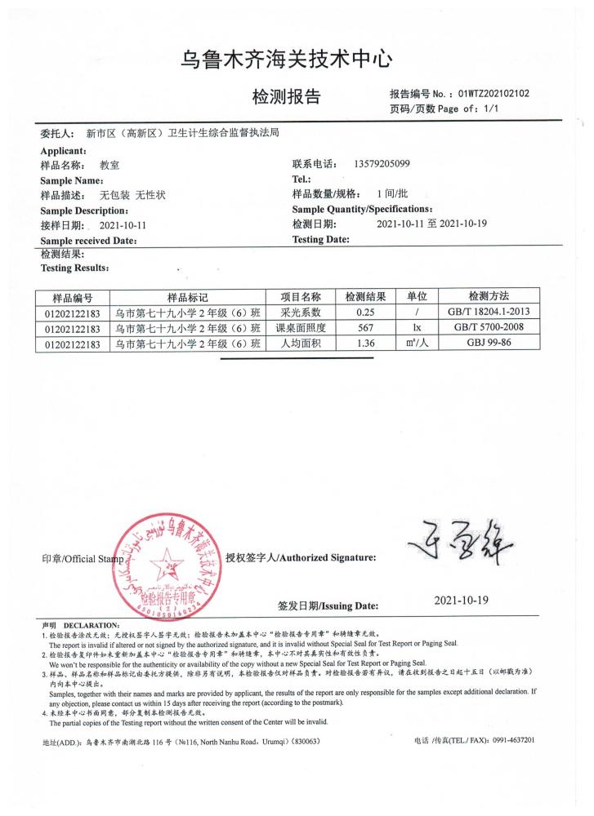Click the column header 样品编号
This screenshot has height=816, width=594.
[x=73, y=297]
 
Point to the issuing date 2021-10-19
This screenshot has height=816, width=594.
[x=461, y=600]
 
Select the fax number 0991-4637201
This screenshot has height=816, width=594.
[x=507, y=740]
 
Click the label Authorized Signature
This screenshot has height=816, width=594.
[x=327, y=557]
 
